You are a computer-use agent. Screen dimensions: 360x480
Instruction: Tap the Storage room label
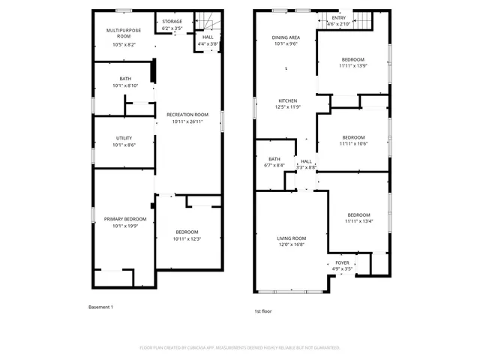pos(172,22)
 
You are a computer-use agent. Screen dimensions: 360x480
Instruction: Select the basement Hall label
pos(208,37)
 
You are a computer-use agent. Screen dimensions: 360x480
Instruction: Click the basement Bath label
pos(124,79)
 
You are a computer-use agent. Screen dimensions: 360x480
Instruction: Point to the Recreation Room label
pos(187,115)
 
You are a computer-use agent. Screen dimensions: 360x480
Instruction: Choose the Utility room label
pos(124,138)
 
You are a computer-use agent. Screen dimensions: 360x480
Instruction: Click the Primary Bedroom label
pos(124,219)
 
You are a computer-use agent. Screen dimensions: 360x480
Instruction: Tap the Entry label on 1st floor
pos(339,17)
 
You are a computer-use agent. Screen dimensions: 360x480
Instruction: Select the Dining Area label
pos(286,37)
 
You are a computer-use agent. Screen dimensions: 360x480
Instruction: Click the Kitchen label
pos(288,100)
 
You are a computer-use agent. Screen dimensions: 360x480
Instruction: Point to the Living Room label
pos(292,238)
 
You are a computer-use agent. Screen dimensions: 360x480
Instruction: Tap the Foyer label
pos(342,262)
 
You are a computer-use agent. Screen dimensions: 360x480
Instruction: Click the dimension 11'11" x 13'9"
pos(353,66)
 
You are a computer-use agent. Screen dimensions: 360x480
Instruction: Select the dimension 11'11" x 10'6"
pos(353,143)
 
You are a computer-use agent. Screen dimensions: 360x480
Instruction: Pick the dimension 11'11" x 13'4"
pos(358,221)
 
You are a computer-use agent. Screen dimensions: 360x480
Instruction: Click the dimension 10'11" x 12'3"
pos(187,238)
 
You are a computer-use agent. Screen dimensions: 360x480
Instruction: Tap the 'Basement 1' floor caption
pos(100,307)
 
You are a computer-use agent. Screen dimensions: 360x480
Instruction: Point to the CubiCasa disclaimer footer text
pos(240,347)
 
